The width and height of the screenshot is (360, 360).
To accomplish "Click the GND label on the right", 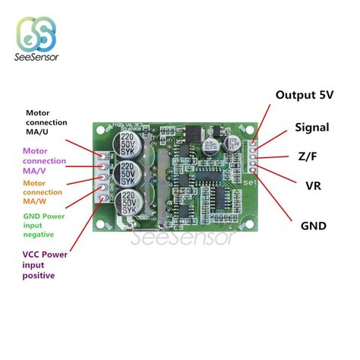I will (x=314, y=226).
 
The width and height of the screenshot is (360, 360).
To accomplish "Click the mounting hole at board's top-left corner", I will (x=96, y=127).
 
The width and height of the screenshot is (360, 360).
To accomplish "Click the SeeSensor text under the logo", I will (x=36, y=58).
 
